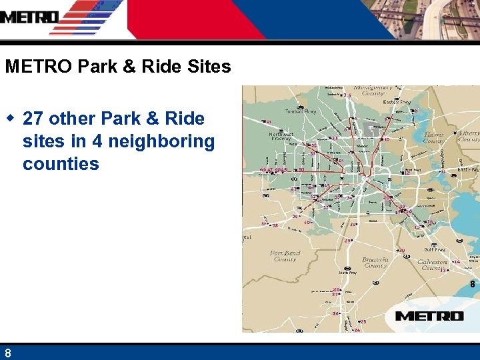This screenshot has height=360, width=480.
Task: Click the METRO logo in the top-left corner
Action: pos(30,17)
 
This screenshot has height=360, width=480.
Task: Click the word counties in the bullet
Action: pos(61,164)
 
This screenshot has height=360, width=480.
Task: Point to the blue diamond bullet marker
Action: pos(11,118)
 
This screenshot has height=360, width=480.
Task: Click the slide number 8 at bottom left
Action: pos(7,353)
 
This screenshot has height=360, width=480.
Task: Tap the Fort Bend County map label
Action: pos(285,256)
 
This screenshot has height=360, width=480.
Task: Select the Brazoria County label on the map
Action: pos(375,261)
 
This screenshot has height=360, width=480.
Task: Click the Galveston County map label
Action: pos(434,264)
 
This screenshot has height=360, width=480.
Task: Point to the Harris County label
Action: pos(435,137)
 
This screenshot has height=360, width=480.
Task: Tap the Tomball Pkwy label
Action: pos(300,111)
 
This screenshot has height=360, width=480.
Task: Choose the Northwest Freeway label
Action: pos(281,137)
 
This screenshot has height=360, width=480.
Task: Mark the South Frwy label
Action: pos(347,273)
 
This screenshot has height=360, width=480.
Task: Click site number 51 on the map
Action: pos(268,122)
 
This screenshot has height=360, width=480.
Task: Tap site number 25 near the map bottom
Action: pos(363,321)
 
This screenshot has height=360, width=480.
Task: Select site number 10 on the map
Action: pos(387,139)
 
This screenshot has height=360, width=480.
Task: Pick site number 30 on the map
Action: pos(402,251)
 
